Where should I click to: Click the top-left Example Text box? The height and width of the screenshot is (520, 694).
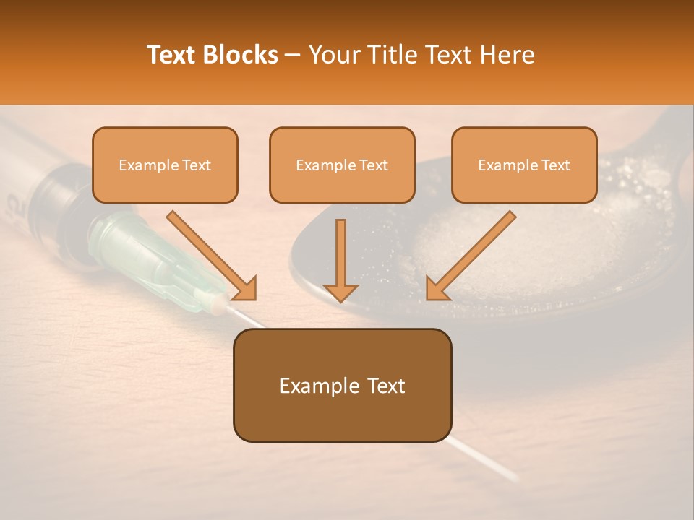coord(165,165)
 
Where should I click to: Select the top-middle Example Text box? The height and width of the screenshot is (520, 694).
coord(342,165)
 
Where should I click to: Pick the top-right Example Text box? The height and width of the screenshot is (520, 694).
coord(524,165)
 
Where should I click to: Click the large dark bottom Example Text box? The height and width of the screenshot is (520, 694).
coord(342,385)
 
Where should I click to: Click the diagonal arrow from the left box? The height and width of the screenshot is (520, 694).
coord(213,256)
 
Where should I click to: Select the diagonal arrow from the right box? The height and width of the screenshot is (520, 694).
coord(470,256)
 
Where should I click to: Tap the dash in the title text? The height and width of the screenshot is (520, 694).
coord(294,56)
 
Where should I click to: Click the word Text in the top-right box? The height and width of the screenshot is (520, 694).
coord(555,165)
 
